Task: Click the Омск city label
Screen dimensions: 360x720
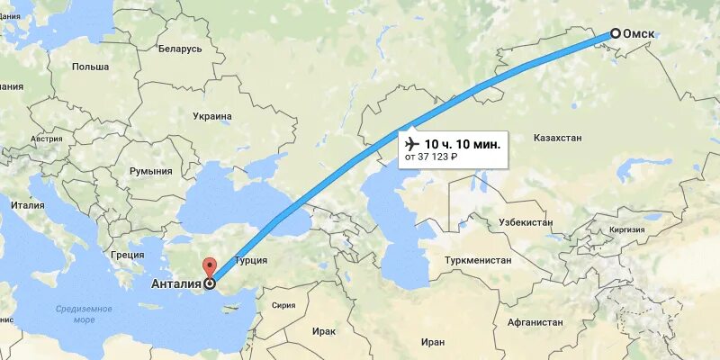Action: click(x=638, y=34)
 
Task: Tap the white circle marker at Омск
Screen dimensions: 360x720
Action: click(x=616, y=33)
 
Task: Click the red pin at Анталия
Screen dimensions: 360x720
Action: click(x=210, y=268)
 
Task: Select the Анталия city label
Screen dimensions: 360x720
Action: click(x=174, y=285)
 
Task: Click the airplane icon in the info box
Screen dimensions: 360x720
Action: click(x=412, y=144)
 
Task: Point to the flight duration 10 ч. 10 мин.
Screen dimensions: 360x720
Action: click(x=462, y=144)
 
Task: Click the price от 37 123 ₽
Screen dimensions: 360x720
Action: click(x=432, y=158)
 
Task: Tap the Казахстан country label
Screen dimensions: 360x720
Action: click(x=558, y=139)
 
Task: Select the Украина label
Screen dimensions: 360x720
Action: click(x=212, y=116)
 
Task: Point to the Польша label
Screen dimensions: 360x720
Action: click(x=90, y=67)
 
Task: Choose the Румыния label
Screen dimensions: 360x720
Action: click(x=150, y=171)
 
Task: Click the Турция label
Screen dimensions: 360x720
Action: click(x=249, y=260)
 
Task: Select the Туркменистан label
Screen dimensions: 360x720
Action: click(x=477, y=260)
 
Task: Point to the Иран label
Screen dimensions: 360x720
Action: click(x=432, y=342)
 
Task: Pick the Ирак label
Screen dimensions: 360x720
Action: click(x=325, y=331)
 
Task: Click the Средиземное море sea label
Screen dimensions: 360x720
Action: click(x=84, y=314)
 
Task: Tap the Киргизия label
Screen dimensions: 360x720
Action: click(x=626, y=229)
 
